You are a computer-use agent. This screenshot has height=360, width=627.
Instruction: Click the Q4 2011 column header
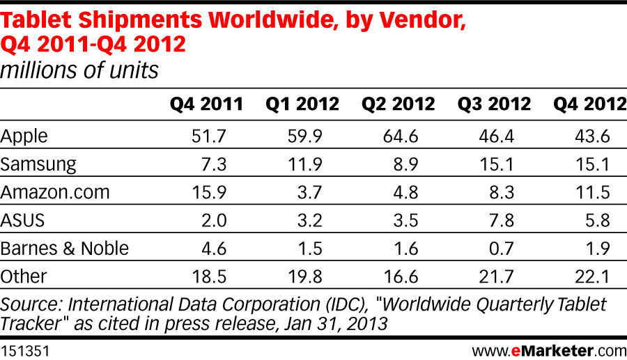[206, 104]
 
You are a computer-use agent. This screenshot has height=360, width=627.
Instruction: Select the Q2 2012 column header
[398, 104]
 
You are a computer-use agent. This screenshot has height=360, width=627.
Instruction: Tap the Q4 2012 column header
[589, 104]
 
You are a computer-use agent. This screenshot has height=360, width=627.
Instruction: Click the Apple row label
[24, 136]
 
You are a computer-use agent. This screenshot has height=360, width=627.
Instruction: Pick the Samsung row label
[38, 164]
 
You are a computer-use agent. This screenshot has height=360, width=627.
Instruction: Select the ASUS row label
[22, 220]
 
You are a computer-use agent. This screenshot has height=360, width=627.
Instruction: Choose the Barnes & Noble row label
[65, 248]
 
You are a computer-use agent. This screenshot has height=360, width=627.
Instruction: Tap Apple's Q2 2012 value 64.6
[400, 136]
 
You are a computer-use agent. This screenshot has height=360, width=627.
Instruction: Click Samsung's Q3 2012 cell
[496, 164]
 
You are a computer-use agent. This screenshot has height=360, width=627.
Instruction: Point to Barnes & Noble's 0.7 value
[500, 248]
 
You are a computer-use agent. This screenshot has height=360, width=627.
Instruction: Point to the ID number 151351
[25, 346]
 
